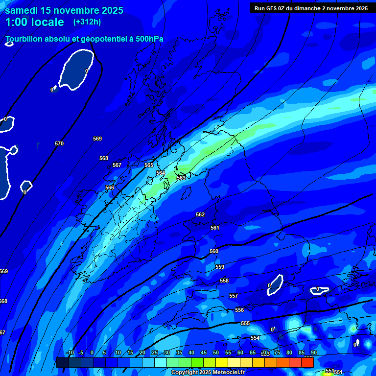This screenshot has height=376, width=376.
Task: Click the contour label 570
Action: tap(59, 143)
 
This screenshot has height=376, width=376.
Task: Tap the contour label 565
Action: tap(149, 165)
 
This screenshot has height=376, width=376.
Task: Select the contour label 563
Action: tap(181, 178)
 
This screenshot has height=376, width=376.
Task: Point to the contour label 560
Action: tap(214, 251)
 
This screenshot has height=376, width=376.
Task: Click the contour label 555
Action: tap(245, 323)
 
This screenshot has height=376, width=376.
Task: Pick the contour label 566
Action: tap(110, 188)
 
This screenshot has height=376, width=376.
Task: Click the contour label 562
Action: tap(200, 214)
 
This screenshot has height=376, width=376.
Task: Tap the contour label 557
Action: tap(234, 296)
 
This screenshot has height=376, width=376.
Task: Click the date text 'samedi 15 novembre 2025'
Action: tap(64, 10)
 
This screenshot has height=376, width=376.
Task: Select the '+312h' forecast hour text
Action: tap(87, 22)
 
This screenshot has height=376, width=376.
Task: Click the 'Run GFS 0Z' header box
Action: tap(311, 8)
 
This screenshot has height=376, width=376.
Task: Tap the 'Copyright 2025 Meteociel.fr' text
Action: tap(208, 372)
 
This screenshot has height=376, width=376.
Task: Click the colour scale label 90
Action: tap(313, 352)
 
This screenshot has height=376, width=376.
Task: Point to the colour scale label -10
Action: tap(70, 352)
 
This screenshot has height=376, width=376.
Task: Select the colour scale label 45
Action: tap(203, 352)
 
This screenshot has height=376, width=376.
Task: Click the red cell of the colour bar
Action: tap(307, 363)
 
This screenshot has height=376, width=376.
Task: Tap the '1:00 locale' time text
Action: tap(35, 22)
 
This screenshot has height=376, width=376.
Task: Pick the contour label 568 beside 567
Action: tap(104, 158)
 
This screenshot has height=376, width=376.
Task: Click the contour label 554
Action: tap(255, 338)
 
